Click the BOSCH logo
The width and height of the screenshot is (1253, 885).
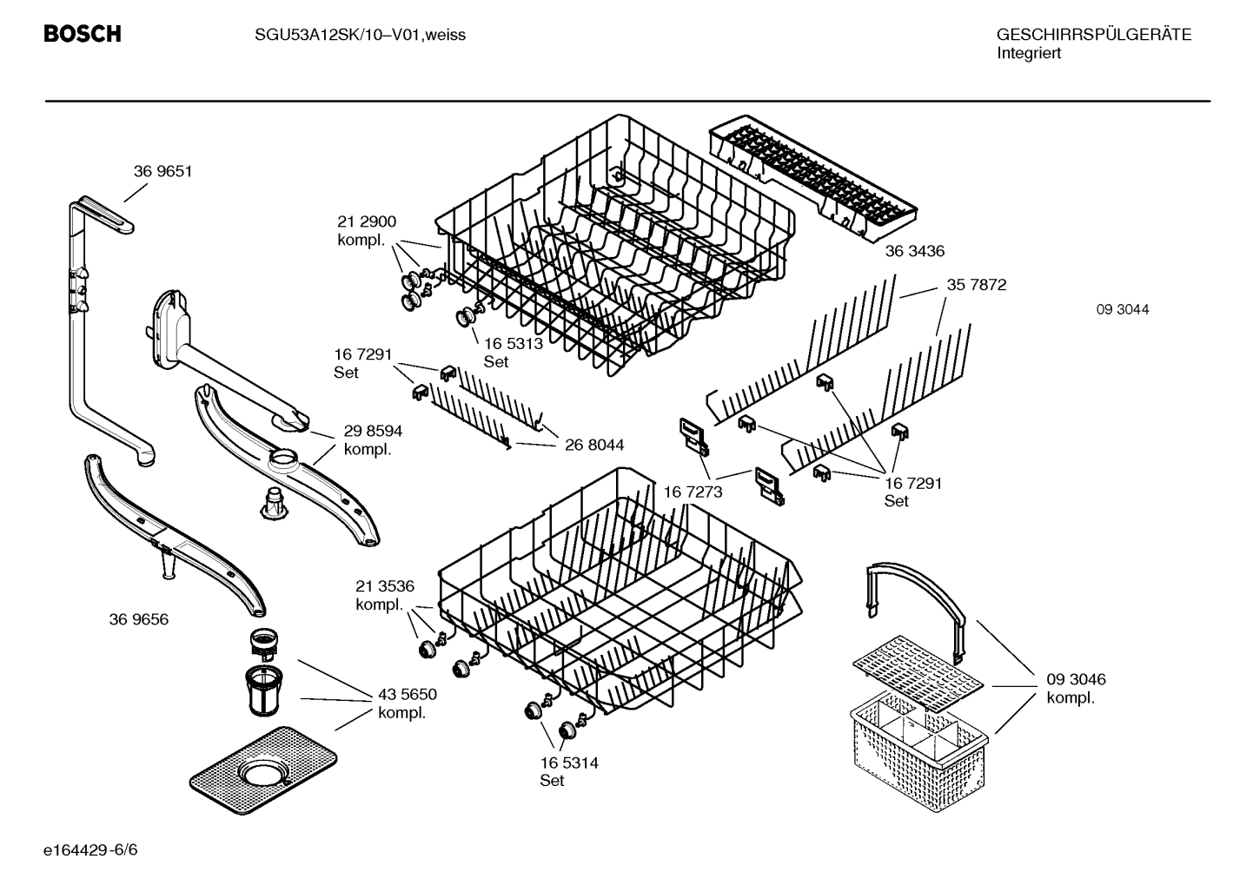pyautogui.click(x=83, y=34)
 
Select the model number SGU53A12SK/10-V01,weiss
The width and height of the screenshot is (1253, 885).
pyautogui.click(x=361, y=36)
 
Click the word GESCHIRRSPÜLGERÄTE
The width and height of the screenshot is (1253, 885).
pyautogui.click(x=1094, y=35)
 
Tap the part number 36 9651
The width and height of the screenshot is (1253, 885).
pyautogui.click(x=162, y=171)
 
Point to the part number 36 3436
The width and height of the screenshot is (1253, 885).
pyautogui.click(x=915, y=251)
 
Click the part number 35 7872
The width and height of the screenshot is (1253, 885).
pyautogui.click(x=976, y=285)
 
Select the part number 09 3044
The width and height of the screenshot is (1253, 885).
pyautogui.click(x=1123, y=309)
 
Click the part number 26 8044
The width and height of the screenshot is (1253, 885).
pyautogui.click(x=594, y=445)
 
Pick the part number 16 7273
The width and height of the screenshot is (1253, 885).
pyautogui.click(x=693, y=492)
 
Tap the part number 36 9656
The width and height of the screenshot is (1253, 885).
pyautogui.click(x=139, y=619)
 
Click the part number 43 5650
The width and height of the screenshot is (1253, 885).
pyautogui.click(x=408, y=694)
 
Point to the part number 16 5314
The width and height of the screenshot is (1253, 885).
pyautogui.click(x=569, y=763)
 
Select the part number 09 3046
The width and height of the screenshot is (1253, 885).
pyautogui.click(x=1077, y=679)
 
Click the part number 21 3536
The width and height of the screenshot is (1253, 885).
pyautogui.click(x=385, y=586)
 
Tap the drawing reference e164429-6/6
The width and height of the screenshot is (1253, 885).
pyautogui.click(x=90, y=850)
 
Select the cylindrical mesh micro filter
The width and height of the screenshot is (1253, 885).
pyautogui.click(x=263, y=691)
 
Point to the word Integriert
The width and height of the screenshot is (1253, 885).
pyautogui.click(x=1029, y=54)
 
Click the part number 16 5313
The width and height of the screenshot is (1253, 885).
pyautogui.click(x=514, y=343)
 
